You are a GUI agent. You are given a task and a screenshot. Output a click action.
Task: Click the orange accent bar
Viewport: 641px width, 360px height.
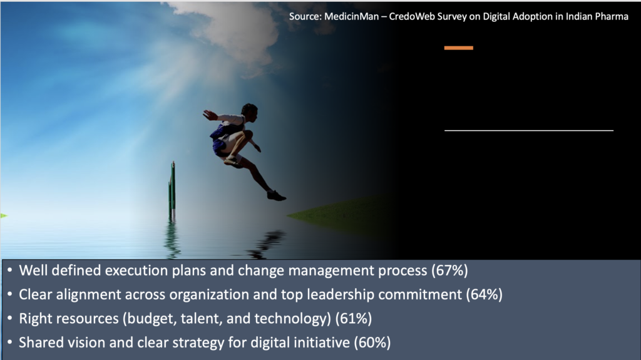(459, 48)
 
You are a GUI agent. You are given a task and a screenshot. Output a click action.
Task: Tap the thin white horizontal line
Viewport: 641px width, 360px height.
(529, 130)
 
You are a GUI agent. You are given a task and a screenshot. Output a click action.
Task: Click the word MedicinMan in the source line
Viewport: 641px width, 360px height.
(352, 17)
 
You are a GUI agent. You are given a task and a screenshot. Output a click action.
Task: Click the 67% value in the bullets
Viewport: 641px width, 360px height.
(449, 270)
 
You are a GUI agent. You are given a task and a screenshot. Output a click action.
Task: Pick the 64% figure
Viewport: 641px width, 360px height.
(485, 294)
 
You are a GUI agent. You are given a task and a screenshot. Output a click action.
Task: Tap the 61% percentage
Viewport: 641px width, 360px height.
(354, 319)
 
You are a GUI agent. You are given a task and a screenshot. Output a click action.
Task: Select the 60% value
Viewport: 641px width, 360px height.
(372, 342)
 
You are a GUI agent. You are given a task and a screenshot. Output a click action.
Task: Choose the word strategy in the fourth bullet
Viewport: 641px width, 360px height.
(198, 343)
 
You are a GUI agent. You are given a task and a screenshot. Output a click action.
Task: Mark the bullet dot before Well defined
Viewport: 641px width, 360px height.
(10, 270)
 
